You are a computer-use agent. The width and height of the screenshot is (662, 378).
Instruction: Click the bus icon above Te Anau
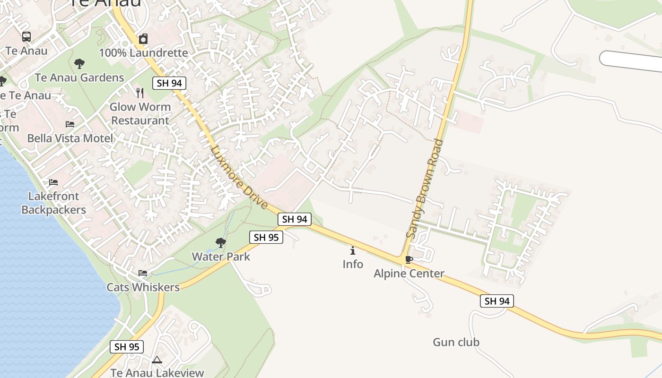point(26,36)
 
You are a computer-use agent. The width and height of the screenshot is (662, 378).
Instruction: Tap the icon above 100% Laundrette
point(143,39)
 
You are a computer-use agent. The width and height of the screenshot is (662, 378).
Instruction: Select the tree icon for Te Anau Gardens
point(79,63)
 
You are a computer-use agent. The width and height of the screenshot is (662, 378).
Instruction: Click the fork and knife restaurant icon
point(139,93)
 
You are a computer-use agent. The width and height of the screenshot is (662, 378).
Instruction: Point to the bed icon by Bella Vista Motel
point(70,124)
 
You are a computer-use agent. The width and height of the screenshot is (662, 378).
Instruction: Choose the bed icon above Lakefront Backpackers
point(53,182)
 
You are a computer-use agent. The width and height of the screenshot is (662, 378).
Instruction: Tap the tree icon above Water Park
point(220,243)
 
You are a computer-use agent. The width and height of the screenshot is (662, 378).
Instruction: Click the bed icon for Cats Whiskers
point(143,273)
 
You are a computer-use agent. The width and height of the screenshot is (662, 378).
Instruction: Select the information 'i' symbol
point(353,250)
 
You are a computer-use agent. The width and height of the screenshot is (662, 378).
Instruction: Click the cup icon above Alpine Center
point(409,259)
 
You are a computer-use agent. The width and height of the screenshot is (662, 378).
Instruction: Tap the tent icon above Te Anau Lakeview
point(157,360)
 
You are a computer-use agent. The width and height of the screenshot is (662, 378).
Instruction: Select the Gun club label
point(456,342)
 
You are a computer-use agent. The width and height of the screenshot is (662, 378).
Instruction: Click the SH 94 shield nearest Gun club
point(496,301)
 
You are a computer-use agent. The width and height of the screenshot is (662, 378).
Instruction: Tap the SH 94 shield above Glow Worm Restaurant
point(169,83)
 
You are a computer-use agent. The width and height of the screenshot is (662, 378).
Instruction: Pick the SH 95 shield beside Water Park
point(266,237)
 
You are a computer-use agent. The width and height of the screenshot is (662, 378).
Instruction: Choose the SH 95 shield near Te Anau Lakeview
point(127,347)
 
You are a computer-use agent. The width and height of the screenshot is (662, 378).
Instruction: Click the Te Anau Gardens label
point(79,77)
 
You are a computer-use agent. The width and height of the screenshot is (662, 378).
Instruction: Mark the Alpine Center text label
point(409,274)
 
